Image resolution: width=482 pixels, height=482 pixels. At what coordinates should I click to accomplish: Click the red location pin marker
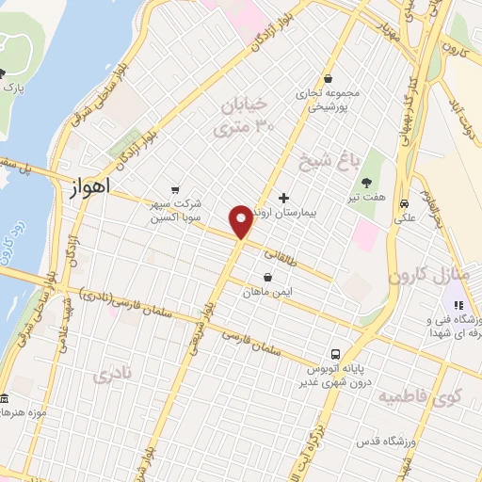coord(242,221)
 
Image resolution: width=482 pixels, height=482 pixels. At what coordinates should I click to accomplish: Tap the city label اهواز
coord(89,188)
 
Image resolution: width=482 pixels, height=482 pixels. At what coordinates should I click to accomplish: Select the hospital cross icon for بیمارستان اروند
coord(284,200)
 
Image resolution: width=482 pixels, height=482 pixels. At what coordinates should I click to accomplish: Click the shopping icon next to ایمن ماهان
coord(269,278)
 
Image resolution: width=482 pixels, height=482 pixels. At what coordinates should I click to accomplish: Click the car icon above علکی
coord(404,203)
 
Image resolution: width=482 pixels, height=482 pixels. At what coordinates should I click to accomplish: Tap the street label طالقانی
coord(284,254)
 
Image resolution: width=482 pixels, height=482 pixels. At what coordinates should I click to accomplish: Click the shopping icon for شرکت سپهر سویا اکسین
coord(175,188)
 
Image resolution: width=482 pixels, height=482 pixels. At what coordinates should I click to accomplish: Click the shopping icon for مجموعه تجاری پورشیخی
coord(328,79)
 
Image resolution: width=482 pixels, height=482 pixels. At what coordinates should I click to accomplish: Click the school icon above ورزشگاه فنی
coord(459,305)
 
